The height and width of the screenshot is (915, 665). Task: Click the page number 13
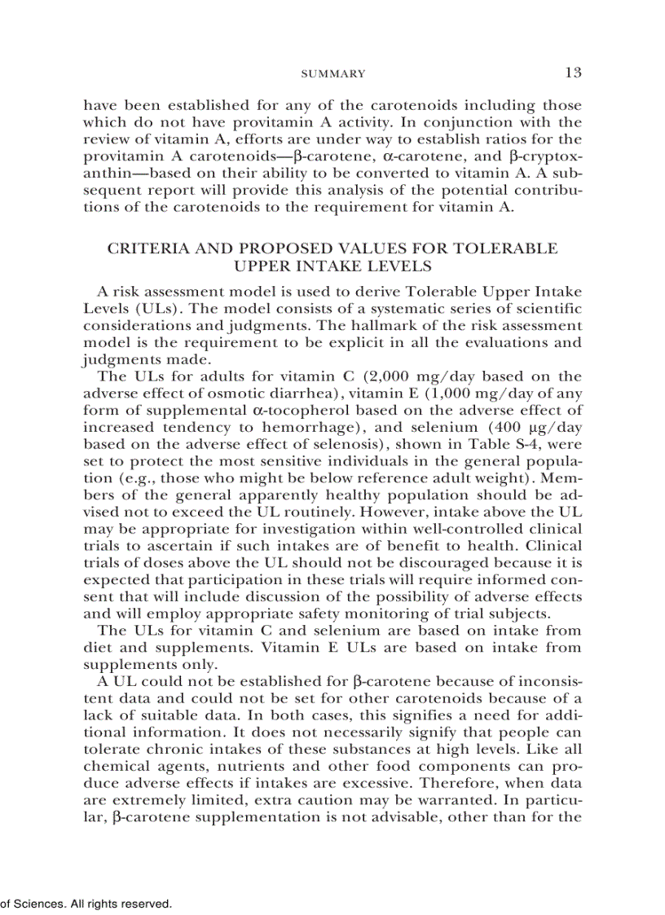(x=573, y=73)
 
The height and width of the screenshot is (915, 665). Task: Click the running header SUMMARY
(x=333, y=74)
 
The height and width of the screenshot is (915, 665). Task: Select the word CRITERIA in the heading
(x=144, y=249)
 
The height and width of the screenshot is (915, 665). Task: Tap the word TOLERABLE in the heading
(x=510, y=249)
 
